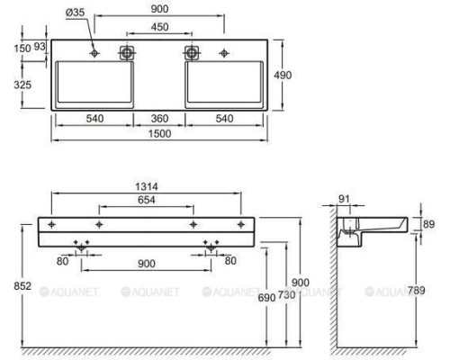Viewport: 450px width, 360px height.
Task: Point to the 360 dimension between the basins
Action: (x=158, y=118)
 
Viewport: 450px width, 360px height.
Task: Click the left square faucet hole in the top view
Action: (x=126, y=53)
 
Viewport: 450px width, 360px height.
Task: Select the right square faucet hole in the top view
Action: (x=191, y=53)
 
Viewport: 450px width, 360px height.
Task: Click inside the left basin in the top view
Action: (x=94, y=85)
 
